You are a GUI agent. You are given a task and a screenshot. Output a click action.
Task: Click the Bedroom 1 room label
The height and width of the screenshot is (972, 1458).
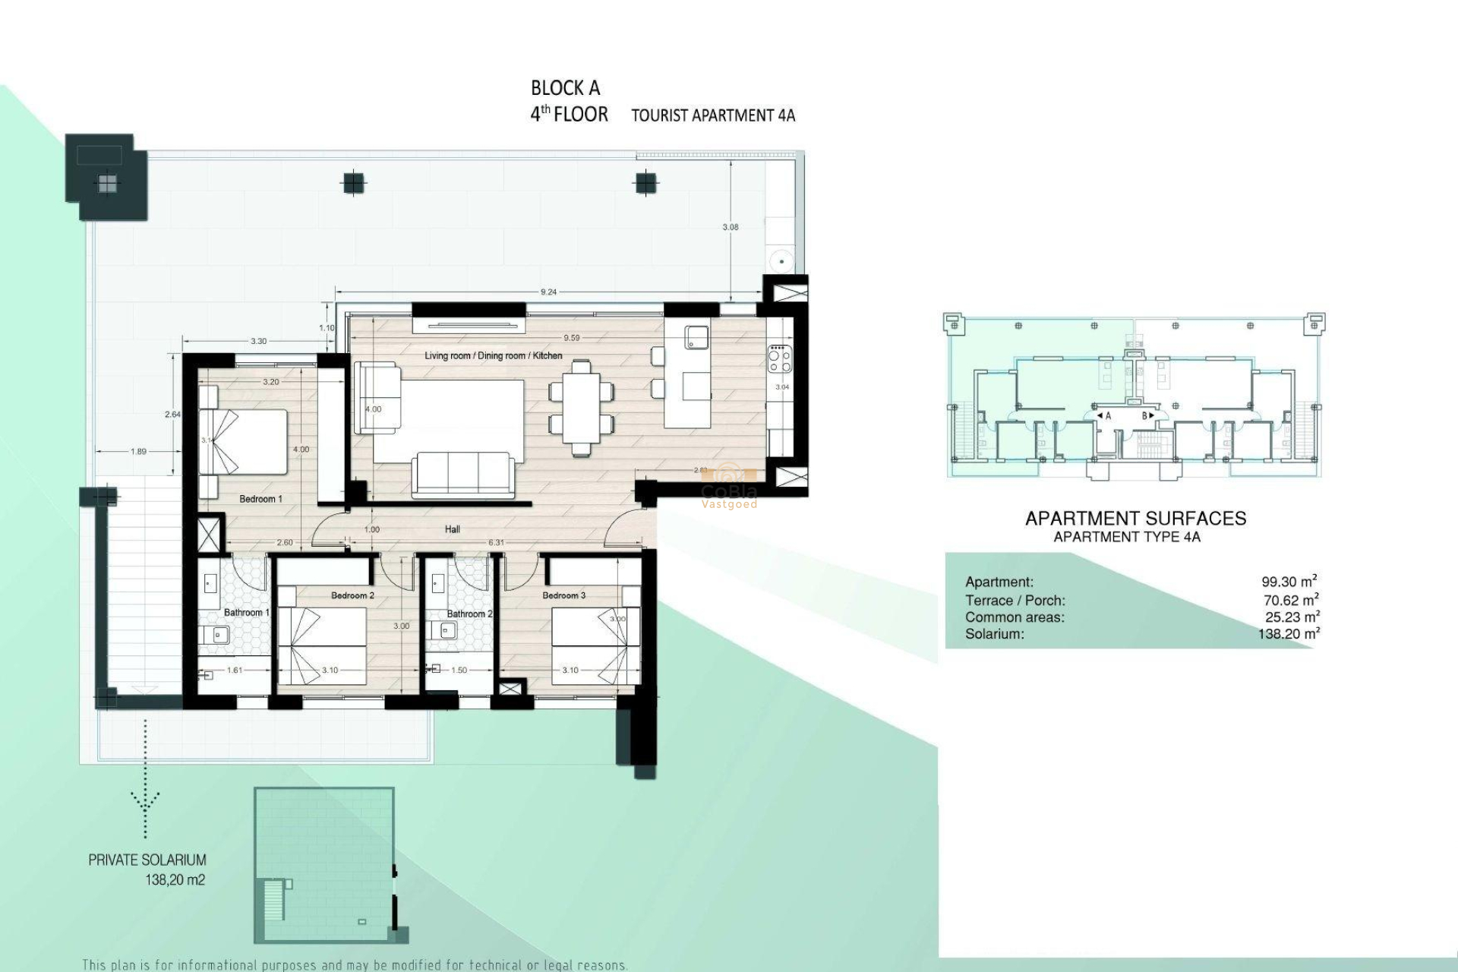[260, 499]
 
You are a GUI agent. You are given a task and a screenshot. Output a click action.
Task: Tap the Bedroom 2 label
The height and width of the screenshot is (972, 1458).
[352, 595]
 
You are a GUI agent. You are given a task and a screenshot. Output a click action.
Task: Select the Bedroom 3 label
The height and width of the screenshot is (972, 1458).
[563, 595]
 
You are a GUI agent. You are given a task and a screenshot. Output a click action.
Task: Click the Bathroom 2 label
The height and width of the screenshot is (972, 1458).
[469, 614]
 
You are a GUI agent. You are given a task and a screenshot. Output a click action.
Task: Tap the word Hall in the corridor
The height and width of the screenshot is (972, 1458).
[453, 529]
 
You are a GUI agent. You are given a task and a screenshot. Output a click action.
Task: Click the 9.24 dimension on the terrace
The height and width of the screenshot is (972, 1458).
[548, 292]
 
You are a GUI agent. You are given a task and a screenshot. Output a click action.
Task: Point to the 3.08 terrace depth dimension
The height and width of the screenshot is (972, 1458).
[731, 227]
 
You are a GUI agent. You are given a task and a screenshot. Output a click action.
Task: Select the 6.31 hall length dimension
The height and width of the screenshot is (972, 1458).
[495, 542]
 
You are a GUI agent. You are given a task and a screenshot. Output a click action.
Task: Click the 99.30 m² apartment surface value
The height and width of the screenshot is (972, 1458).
[1289, 582]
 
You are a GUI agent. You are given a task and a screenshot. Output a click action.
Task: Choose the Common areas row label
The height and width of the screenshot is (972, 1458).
[1015, 617]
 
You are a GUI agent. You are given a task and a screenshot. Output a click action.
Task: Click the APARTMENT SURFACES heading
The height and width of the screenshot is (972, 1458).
[1135, 519]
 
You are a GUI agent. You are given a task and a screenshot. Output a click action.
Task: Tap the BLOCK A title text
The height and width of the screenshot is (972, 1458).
[565, 89]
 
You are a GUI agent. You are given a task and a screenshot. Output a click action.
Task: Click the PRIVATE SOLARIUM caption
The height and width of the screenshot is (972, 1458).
[147, 860]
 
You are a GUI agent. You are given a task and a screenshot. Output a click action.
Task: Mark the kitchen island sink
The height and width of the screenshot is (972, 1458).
[696, 336]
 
